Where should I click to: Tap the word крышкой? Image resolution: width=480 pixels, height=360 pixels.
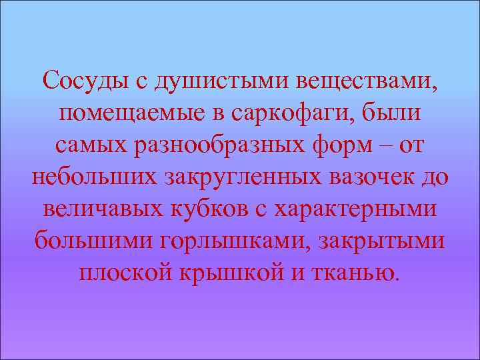[x=231, y=274]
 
